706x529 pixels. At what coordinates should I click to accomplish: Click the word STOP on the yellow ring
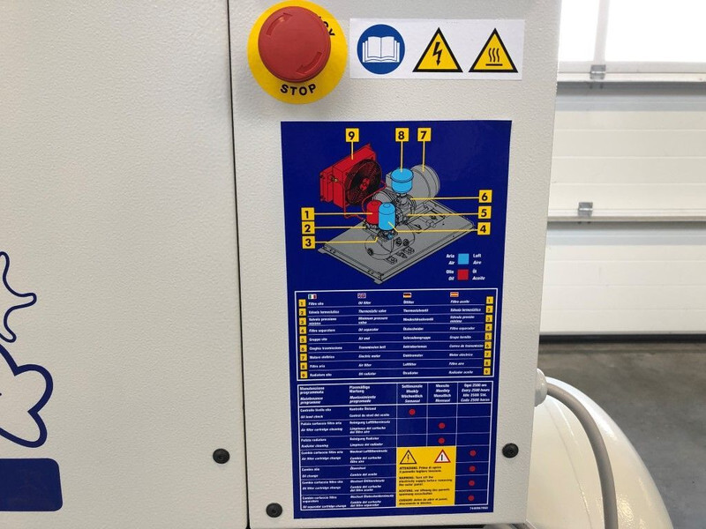pos(297,89)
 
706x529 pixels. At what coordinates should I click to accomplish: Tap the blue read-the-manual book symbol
pos(380,49)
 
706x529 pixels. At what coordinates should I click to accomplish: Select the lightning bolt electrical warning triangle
pos(437,51)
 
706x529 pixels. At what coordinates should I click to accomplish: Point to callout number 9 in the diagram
pos(351,135)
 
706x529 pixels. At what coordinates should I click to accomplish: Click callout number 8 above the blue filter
pos(402,135)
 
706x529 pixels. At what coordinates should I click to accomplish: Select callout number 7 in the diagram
pos(424,135)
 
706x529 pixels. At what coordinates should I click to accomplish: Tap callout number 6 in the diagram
pos(484,196)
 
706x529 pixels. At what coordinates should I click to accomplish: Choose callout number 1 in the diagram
pos(306,213)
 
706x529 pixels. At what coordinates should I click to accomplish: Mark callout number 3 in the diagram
pos(307,242)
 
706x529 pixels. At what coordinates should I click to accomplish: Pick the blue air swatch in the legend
pos(463,258)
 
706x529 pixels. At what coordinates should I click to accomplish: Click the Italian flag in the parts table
pos(312,295)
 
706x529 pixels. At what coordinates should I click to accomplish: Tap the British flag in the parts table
pos(360,295)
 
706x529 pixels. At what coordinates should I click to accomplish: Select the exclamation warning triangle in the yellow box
pos(409,458)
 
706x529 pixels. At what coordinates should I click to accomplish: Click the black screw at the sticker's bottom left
pos(274,510)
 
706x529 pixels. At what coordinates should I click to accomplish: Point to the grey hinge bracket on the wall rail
pos(585,210)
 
